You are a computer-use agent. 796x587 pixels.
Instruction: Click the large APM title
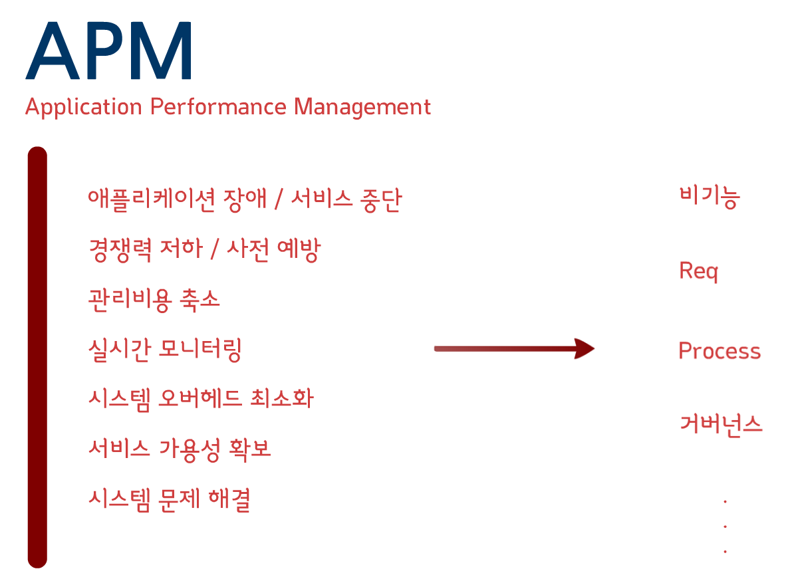pyautogui.click(x=110, y=51)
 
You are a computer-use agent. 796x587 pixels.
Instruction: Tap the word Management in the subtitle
pyautogui.click(x=362, y=107)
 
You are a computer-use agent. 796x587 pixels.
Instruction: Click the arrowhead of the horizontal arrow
pyautogui.click(x=583, y=348)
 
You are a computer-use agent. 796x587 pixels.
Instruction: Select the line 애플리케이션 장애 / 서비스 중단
pyautogui.click(x=244, y=199)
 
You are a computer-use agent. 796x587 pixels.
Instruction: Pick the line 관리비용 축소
pyautogui.click(x=154, y=299)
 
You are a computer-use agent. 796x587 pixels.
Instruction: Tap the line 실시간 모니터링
pyautogui.click(x=164, y=349)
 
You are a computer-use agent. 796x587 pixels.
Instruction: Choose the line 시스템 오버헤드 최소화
pyautogui.click(x=200, y=399)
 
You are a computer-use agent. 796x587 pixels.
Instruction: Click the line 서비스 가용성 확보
pyautogui.click(x=180, y=449)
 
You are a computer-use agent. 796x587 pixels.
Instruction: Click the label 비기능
pyautogui.click(x=710, y=197)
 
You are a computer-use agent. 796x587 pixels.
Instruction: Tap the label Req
pyautogui.click(x=698, y=271)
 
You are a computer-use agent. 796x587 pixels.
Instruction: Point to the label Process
pyautogui.click(x=719, y=351)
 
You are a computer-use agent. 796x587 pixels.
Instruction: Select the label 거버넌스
pyautogui.click(x=721, y=423)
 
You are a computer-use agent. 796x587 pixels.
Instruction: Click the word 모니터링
pyautogui.click(x=200, y=349)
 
